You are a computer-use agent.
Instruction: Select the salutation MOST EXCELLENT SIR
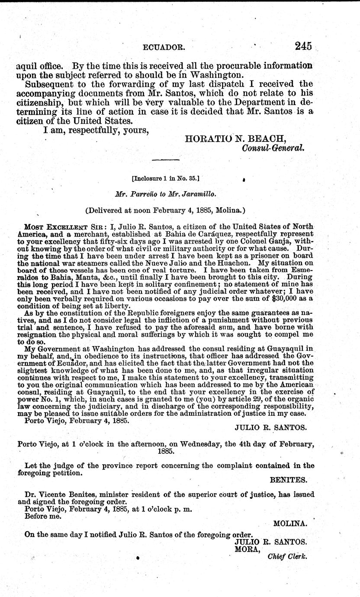pos(57,227)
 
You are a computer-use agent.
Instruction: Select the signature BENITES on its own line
pos(289,480)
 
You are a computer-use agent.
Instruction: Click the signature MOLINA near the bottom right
pos(290,523)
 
